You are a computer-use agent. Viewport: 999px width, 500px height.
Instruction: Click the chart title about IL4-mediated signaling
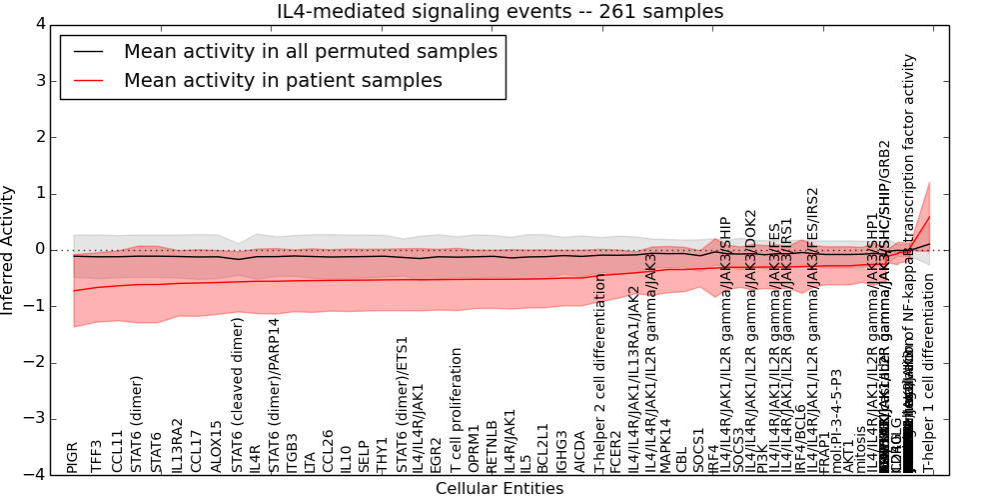pyautogui.click(x=499, y=11)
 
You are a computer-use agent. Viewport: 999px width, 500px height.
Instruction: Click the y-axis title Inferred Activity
pyautogui.click(x=9, y=249)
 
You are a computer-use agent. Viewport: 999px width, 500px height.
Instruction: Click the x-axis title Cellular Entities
pyautogui.click(x=499, y=488)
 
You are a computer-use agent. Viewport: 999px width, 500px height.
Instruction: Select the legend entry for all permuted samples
pyautogui.click(x=310, y=52)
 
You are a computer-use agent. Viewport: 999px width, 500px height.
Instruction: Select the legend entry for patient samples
pyautogui.click(x=283, y=81)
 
